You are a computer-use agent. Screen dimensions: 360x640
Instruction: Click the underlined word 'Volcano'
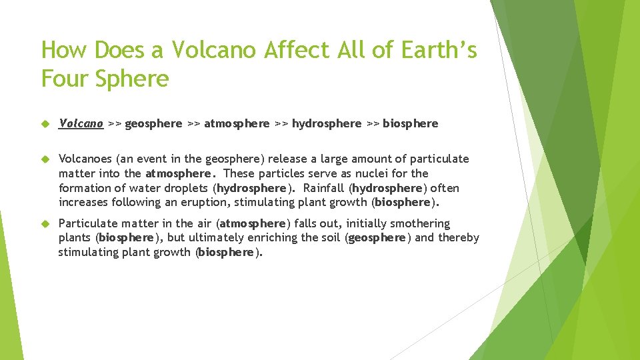(x=81, y=123)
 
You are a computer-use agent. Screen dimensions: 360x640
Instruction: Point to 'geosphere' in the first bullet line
(x=153, y=123)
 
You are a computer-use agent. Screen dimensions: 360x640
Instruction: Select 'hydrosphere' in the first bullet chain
(x=327, y=123)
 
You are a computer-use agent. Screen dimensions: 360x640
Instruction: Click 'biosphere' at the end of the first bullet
(x=411, y=123)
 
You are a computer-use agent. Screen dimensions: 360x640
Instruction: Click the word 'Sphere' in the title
(x=132, y=79)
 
